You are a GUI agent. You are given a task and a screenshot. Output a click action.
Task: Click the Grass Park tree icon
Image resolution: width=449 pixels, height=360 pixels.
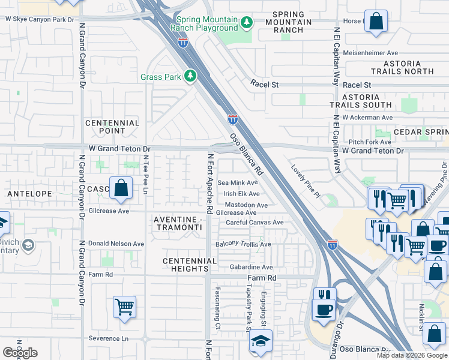click(x=190, y=76)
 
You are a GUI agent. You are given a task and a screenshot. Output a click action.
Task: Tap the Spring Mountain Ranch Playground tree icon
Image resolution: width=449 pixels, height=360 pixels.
click(x=246, y=23)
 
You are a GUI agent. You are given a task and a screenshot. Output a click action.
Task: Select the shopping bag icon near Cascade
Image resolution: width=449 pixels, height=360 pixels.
click(x=121, y=187)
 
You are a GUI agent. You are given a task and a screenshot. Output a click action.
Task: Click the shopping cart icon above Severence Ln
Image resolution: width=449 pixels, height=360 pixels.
click(x=124, y=307)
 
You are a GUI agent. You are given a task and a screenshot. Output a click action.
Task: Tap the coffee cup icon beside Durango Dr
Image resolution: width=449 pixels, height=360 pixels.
click(x=324, y=310)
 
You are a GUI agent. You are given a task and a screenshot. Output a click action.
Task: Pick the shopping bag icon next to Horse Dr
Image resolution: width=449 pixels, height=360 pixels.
click(x=376, y=21)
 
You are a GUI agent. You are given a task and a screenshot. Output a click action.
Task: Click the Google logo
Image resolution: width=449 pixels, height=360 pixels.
click(x=20, y=353)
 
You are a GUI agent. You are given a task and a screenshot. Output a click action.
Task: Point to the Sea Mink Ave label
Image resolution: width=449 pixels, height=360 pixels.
click(x=237, y=182)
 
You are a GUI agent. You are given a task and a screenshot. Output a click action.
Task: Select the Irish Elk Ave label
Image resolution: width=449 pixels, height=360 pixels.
click(x=241, y=194)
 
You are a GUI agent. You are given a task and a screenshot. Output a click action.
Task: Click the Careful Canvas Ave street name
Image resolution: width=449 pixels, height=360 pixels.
click(x=255, y=223)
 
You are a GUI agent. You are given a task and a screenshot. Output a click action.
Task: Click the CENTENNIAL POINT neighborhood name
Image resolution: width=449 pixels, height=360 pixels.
click(x=112, y=127)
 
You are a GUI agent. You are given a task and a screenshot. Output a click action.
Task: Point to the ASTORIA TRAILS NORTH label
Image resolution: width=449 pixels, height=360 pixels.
click(x=402, y=67)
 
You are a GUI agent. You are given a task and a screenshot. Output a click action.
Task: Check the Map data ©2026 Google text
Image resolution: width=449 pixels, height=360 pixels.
click(x=411, y=355)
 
